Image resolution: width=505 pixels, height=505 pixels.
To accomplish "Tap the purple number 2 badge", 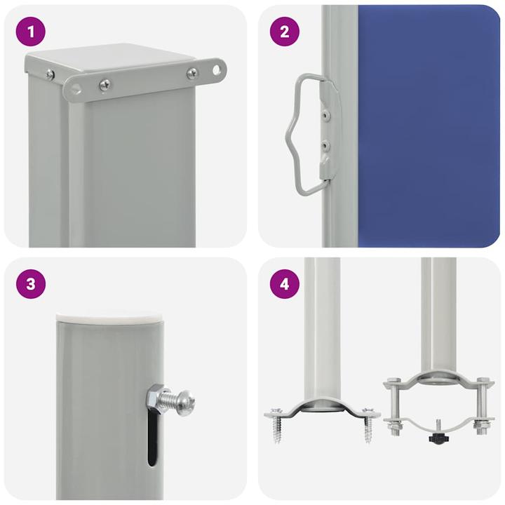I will point(285,31).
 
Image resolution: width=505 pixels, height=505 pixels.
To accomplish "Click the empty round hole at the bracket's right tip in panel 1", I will point(216,69).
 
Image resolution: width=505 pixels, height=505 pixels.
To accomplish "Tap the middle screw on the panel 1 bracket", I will point(105,85).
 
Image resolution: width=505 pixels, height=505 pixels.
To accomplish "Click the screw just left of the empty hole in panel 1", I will point(192,72).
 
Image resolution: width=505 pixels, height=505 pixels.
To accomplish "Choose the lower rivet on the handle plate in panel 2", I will point(324,145).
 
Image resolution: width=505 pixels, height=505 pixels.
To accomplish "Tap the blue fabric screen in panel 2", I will point(428,126).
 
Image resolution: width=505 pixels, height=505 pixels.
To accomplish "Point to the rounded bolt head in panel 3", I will point(184,403).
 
